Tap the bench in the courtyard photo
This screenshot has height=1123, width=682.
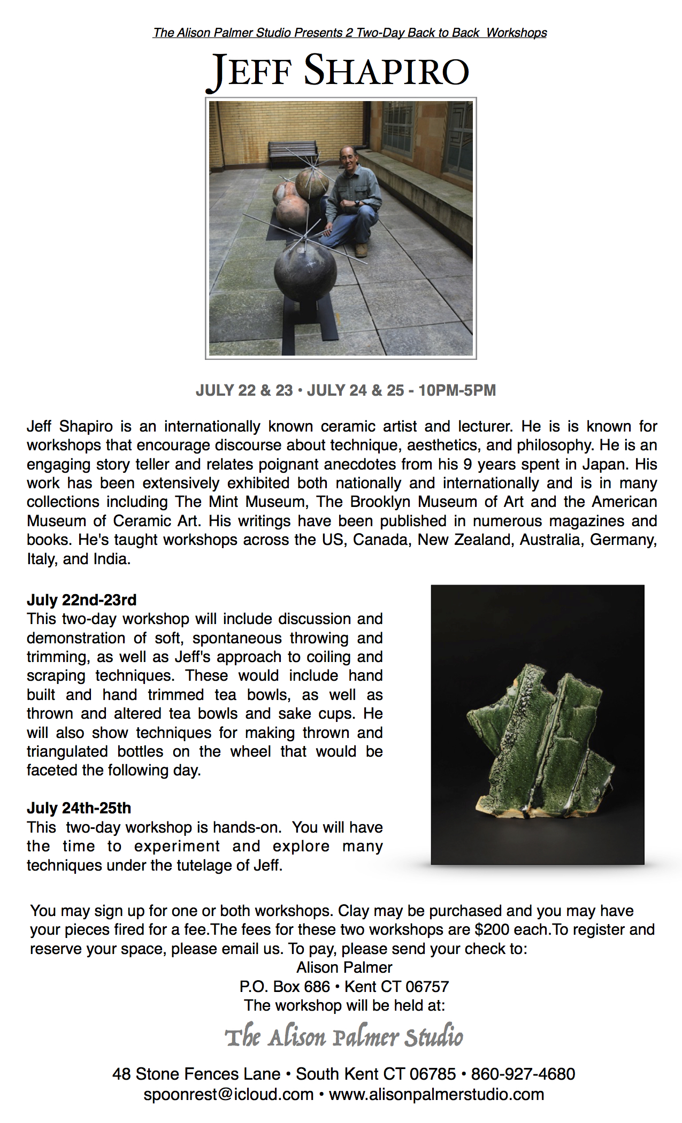tap(293, 152)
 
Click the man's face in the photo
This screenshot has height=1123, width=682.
tap(348, 158)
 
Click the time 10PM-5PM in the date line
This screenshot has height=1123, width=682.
tap(457, 390)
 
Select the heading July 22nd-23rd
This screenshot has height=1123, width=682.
tap(82, 600)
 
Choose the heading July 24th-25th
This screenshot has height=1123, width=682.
tap(79, 808)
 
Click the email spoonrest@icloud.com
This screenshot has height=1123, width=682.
tap(228, 1094)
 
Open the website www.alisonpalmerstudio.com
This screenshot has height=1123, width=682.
tap(436, 1094)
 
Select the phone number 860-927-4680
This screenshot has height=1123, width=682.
tap(523, 1074)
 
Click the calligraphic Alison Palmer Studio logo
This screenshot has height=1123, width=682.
tap(344, 1037)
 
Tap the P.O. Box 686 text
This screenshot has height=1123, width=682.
tap(285, 987)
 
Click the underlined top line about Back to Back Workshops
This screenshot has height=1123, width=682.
tap(350, 33)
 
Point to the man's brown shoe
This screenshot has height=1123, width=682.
tap(362, 250)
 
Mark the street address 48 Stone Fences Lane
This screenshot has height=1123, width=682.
tap(196, 1074)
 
